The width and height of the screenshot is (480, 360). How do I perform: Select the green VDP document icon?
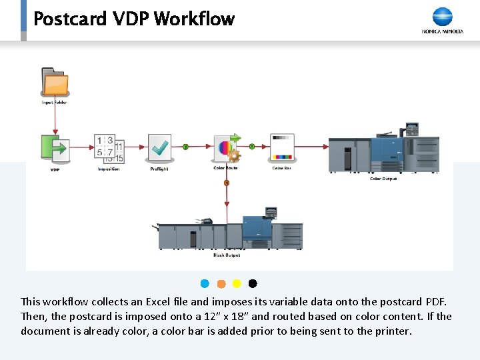55,148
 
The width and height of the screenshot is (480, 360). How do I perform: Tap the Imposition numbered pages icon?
109,149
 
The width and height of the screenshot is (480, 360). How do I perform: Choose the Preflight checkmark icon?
159,148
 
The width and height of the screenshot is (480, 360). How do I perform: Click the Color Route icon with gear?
226,148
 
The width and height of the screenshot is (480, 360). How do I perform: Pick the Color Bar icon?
282,147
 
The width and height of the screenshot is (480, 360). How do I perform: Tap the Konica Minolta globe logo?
442,17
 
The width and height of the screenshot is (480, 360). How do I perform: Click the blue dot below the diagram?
205,284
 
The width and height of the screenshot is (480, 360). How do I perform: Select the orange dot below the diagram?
221,284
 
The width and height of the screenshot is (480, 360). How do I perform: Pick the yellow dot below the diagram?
237,284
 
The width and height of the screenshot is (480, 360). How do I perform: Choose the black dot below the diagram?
253,284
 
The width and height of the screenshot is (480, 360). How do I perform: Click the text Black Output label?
227,255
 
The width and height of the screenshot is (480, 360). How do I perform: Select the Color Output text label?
383,179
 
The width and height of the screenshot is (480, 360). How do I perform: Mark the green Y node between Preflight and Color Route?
185,146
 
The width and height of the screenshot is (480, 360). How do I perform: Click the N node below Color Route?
227,183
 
